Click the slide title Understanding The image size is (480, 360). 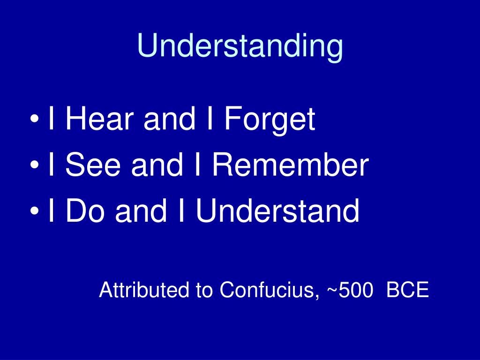pos(240,47)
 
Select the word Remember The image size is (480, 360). pos(291,165)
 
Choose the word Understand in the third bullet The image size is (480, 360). pos(277,211)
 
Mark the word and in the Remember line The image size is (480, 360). pos(157,165)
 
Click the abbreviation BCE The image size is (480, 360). pos(408,290)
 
